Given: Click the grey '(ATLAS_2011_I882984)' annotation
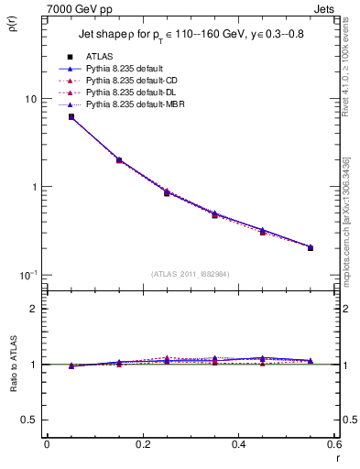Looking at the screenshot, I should pos(190,274).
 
